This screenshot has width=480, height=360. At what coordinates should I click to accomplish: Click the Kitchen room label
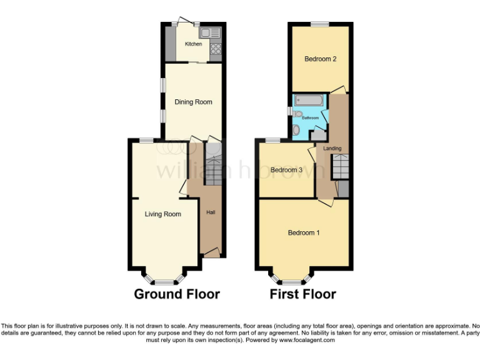193,44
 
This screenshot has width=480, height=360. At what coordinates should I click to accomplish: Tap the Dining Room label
193,102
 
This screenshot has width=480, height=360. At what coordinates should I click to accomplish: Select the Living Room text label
162,214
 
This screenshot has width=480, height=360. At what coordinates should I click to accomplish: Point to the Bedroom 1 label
304,233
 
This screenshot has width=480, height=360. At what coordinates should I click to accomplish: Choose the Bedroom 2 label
321,59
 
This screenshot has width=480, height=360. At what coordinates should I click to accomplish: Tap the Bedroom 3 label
286,170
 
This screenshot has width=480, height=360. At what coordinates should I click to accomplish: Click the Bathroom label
311,118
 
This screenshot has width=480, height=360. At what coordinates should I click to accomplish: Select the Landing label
332,148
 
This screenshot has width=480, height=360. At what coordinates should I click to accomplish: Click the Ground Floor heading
177,294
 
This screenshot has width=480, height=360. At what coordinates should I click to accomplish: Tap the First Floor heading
302,294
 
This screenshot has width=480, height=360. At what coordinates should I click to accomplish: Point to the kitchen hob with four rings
216,49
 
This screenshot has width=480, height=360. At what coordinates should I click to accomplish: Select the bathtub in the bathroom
309,100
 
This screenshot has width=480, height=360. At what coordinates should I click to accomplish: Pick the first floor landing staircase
339,167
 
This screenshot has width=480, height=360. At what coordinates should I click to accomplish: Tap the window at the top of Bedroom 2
320,24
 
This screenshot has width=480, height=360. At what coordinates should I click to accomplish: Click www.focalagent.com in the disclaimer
307,341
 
